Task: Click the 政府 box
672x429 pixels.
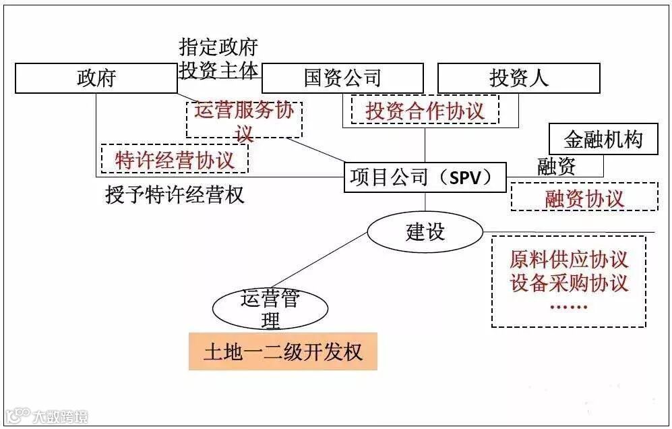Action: click(x=96, y=78)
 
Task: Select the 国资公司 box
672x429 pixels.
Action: click(x=342, y=78)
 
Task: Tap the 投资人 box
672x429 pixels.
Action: click(x=518, y=78)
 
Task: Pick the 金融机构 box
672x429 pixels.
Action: click(x=603, y=140)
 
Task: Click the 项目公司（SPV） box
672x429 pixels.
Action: click(x=425, y=177)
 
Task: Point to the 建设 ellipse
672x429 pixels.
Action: click(x=425, y=232)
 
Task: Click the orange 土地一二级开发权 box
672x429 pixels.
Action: click(x=282, y=351)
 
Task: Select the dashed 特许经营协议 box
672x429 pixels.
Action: click(x=175, y=160)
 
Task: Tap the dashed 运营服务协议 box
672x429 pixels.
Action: click(x=244, y=119)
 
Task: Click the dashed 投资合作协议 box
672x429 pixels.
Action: click(x=425, y=110)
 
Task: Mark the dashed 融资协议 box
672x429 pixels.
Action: click(x=584, y=198)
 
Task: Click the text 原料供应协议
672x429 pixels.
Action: click(x=569, y=260)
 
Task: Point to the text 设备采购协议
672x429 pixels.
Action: click(x=569, y=283)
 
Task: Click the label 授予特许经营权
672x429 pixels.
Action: click(x=175, y=196)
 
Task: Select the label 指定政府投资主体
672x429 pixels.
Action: click(x=219, y=59)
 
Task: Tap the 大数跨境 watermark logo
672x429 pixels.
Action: click(x=47, y=416)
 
